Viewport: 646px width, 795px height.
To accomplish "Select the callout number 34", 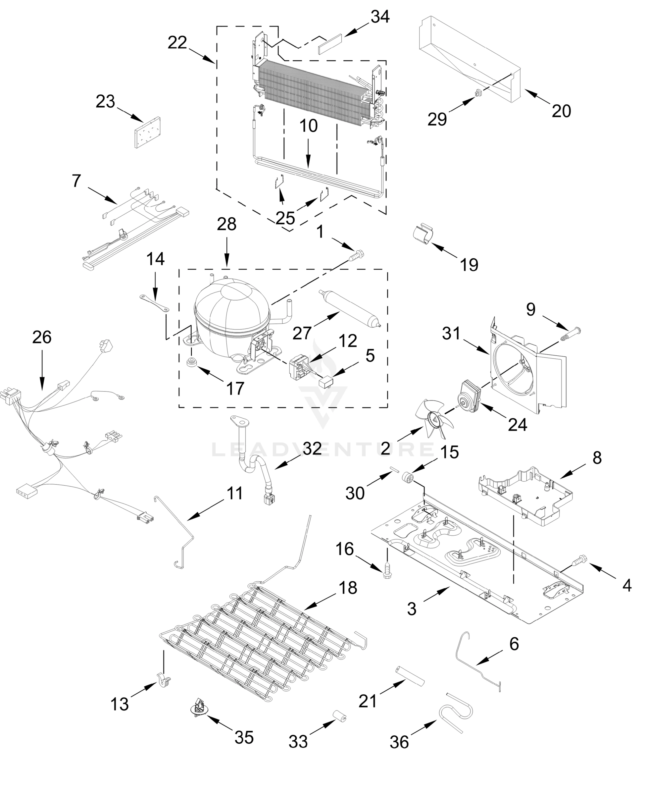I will [380, 17].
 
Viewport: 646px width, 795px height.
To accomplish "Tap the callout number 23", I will [105, 102].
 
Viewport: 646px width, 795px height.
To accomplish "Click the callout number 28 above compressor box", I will [226, 225].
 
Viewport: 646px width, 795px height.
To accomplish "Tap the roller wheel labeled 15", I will [409, 478].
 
